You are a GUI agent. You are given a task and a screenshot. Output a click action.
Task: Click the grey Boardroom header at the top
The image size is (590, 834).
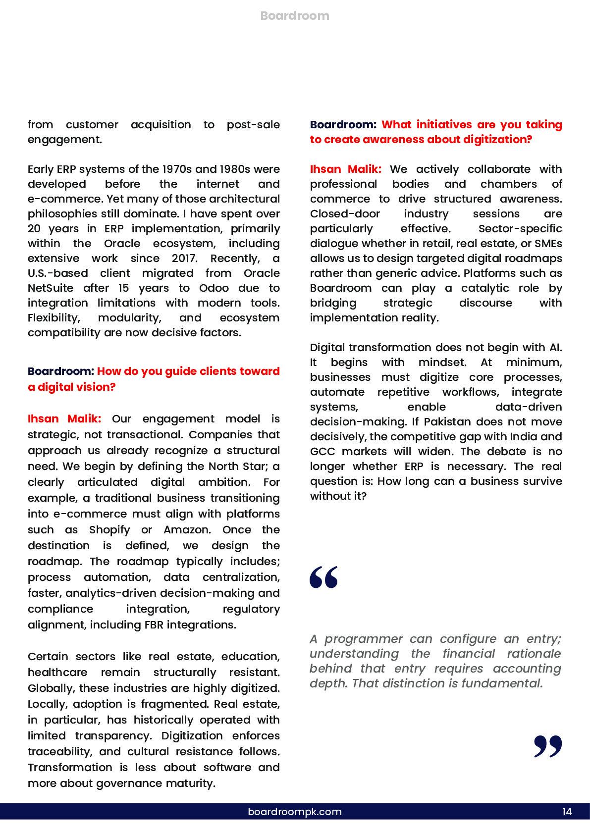pyautogui.click(x=295, y=16)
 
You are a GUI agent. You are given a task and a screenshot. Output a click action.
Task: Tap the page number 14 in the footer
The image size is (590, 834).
pyautogui.click(x=567, y=812)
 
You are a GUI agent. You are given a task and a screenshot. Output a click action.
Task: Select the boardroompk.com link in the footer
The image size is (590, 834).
pyautogui.click(x=295, y=812)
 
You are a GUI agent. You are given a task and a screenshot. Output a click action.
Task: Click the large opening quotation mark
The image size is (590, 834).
pyautogui.click(x=323, y=577)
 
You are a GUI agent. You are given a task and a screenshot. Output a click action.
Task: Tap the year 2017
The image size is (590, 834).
pyautogui.click(x=184, y=259)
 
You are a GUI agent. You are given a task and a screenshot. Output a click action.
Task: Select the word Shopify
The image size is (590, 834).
pyautogui.click(x=109, y=530)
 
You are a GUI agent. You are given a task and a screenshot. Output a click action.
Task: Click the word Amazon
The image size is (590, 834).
pyautogui.click(x=187, y=530)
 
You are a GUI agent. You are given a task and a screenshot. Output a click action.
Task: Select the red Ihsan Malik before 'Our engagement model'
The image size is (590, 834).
pyautogui.click(x=64, y=419)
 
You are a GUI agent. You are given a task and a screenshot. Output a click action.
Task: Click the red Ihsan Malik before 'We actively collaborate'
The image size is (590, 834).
pyautogui.click(x=346, y=169)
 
